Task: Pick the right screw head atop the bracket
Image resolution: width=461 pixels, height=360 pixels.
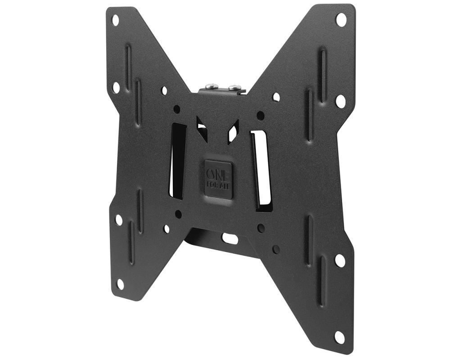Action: point(233,87)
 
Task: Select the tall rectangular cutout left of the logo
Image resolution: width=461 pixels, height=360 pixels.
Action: point(177,161)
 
